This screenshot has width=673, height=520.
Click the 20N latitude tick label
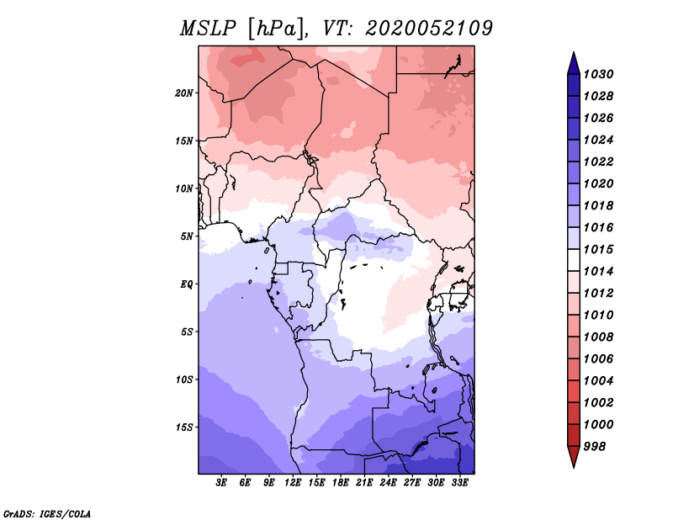(184, 93)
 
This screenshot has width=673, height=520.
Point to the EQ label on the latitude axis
(187, 284)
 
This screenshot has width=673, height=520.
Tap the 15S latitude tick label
(184, 427)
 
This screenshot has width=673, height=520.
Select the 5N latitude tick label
(187, 236)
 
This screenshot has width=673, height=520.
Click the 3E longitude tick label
(221, 482)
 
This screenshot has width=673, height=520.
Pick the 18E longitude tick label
(341, 482)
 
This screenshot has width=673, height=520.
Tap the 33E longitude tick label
(459, 482)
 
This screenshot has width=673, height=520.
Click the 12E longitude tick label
(293, 482)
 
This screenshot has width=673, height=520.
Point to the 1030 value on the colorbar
(598, 74)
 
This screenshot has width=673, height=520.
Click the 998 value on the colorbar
(595, 447)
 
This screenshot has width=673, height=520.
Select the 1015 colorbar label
(598, 249)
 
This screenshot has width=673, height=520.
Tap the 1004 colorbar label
(598, 381)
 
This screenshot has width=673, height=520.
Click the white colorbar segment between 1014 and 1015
(574, 260)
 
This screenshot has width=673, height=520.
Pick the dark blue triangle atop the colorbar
(574, 64)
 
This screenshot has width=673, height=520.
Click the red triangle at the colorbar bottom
(574, 457)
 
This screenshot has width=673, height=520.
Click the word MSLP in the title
(208, 29)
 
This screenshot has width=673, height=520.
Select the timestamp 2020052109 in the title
(429, 29)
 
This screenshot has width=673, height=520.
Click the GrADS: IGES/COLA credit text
(47, 514)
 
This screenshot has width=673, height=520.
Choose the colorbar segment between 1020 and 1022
(574, 172)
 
